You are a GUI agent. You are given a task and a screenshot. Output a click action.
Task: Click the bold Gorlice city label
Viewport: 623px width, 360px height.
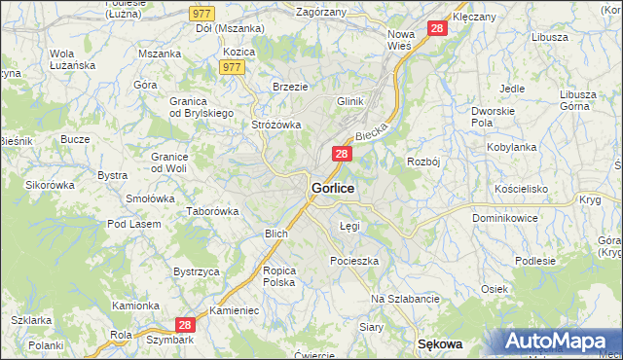coord(332,187)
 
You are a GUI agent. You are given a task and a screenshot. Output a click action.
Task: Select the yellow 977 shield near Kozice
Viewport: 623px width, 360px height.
coord(232,67)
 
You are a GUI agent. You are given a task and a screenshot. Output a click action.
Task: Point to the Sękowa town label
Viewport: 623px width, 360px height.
coord(439,344)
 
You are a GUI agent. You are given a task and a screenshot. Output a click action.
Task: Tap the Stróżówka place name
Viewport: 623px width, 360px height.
coord(276,125)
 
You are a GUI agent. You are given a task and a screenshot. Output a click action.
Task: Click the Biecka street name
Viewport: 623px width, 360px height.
coord(372,129)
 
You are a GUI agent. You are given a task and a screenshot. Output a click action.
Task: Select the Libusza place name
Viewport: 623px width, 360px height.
coord(550,36)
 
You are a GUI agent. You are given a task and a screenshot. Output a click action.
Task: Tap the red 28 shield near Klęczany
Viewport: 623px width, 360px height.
coord(437,29)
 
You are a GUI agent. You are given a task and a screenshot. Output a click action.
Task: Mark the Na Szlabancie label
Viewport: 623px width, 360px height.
coord(406,298)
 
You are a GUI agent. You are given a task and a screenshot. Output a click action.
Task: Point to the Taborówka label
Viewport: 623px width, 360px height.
coord(213,211)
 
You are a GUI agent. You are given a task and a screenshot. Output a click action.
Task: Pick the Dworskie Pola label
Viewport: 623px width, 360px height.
coord(492,118)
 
